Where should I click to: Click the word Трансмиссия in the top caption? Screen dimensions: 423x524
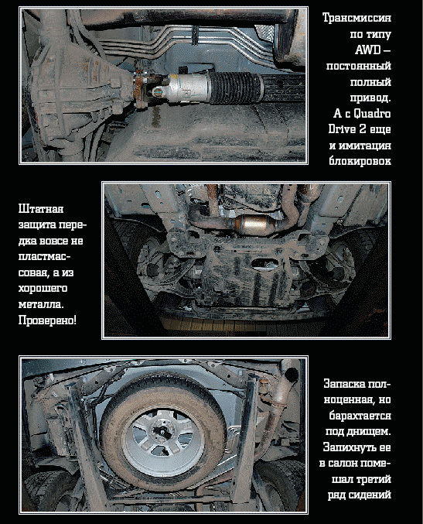pyautogui.click(x=356, y=18)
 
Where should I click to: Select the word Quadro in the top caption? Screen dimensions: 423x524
pyautogui.click(x=372, y=114)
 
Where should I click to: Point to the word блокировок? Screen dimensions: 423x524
pyautogui.click(x=360, y=162)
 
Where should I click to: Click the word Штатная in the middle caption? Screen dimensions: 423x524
pyautogui.click(x=41, y=209)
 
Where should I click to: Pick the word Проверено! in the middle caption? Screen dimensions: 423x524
pyautogui.click(x=47, y=320)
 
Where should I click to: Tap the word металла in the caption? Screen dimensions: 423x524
pyautogui.click(x=41, y=305)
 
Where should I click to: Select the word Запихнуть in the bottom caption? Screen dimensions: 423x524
pyautogui.click(x=349, y=447)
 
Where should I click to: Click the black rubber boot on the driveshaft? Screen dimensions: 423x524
pyautogui.click(x=235, y=87)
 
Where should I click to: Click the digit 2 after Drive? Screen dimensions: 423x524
pyautogui.click(x=363, y=130)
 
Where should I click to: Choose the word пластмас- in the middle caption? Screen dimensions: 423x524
pyautogui.click(x=44, y=257)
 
